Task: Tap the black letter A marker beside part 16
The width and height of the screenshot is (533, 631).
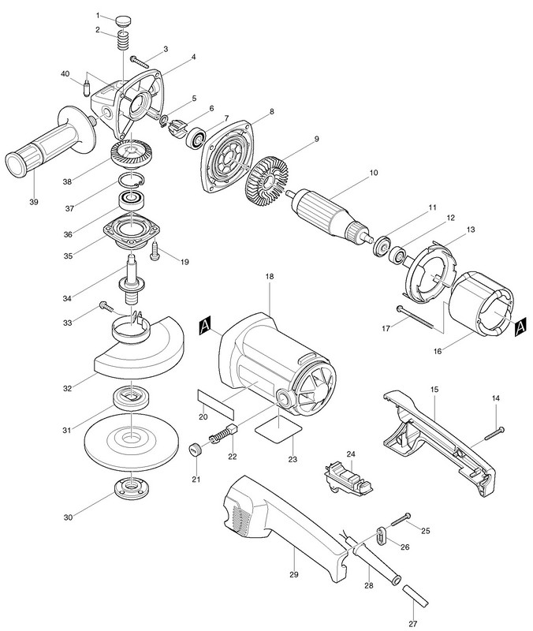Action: click(520, 327)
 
